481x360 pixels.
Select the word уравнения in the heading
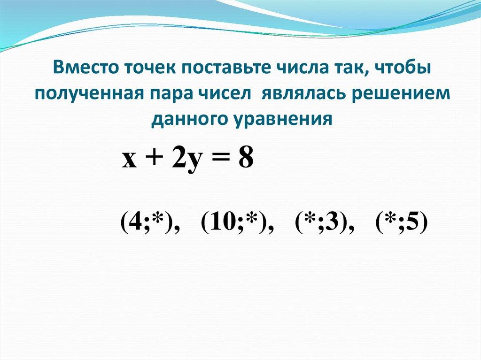click(x=281, y=119)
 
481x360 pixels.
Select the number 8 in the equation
click(x=246, y=160)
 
